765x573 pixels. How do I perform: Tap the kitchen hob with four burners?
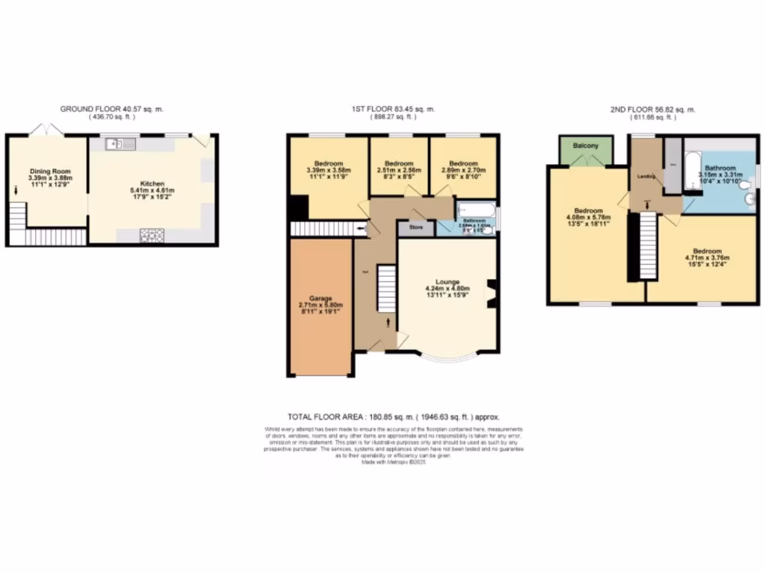pyautogui.click(x=149, y=237)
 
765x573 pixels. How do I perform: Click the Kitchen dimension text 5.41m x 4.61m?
pyautogui.click(x=152, y=190)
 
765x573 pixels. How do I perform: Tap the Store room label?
pyautogui.click(x=415, y=228)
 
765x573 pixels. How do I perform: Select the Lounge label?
pyautogui.click(x=448, y=282)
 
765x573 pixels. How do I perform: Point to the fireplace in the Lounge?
pyautogui.click(x=492, y=292)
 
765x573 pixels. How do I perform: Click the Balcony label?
pyautogui.click(x=586, y=145)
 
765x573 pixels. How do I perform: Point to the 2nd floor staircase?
pyautogui.click(x=646, y=246)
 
